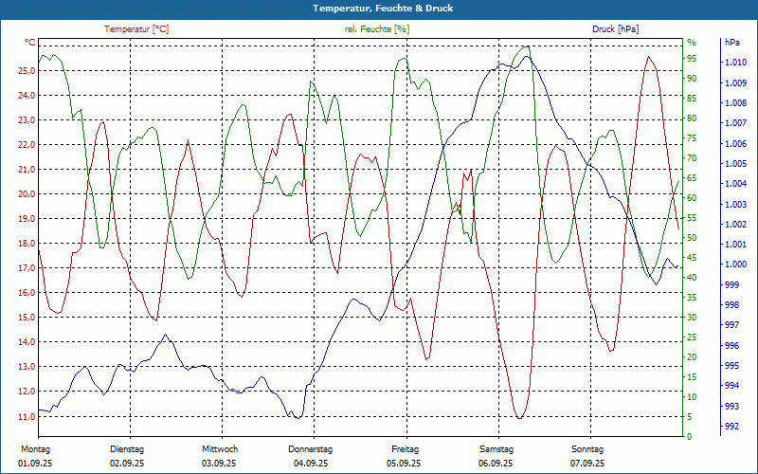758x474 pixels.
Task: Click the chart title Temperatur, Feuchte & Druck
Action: point(379,8)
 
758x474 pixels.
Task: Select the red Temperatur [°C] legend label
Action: point(136,29)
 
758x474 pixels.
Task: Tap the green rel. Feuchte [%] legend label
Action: point(377,29)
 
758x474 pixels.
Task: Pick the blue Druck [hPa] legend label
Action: point(615,29)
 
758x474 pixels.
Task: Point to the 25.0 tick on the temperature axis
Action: point(27,71)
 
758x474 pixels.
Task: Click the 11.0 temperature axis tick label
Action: point(27,416)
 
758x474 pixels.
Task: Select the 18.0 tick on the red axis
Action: point(27,244)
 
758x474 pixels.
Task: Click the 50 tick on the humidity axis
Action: point(691,238)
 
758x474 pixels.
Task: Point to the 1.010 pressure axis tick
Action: point(734,63)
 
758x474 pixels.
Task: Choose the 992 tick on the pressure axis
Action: point(731,427)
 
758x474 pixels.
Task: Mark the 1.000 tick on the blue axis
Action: point(734,264)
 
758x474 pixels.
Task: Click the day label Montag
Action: point(34,448)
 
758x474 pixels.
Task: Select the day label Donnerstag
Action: point(311,448)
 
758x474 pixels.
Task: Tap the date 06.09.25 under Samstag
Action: point(496,464)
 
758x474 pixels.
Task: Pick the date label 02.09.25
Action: point(127,464)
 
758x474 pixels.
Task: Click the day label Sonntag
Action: point(587,448)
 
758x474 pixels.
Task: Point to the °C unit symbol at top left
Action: point(30,43)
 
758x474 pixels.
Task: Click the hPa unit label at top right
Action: point(732,43)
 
